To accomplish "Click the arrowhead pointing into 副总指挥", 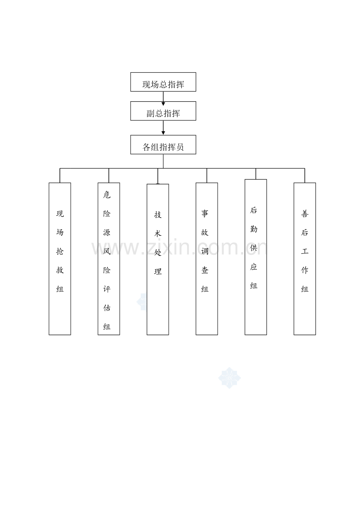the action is pos(163,104).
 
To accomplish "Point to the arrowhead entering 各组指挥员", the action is pos(163,133).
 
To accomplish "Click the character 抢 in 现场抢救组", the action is pos(60,251).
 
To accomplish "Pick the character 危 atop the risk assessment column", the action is pos(107,195).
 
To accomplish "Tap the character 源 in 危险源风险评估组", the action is pos(107,233).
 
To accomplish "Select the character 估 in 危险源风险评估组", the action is pos(107,308).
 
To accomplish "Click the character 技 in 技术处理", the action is pos(158,215).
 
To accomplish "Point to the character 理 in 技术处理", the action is pos(158,271).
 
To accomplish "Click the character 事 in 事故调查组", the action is pos(205,213).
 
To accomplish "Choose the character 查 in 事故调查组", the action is pos(205,270).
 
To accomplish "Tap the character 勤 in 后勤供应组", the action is pos(254,229).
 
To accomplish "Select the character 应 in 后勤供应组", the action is pos(254,267).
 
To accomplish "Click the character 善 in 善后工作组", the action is pos(305,213).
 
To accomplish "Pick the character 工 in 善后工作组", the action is pos(305,251).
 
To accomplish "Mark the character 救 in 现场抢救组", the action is pos(60,270).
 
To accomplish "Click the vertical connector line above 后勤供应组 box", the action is pos(256,174).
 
